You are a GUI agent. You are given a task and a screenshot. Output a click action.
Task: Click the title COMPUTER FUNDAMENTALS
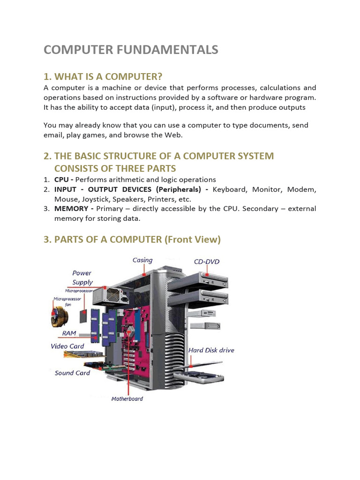[131, 50]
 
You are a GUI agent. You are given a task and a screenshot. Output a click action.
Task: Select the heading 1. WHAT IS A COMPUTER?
[103, 77]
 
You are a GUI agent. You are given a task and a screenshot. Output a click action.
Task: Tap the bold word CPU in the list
[61, 180]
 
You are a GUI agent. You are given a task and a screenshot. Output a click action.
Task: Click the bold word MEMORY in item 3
[71, 209]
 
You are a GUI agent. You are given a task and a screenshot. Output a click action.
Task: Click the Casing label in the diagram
[142, 260]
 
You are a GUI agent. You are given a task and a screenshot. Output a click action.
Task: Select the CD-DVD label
[206, 262]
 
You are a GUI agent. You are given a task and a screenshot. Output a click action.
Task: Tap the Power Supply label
[82, 277]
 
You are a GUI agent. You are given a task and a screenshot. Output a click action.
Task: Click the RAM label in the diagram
[69, 333]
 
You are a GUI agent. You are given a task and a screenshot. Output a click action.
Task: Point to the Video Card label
[67, 346]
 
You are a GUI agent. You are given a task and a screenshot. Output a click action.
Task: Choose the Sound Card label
[72, 373]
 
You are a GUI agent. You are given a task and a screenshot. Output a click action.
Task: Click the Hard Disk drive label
[211, 350]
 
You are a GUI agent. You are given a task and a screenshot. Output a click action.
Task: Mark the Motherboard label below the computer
[127, 399]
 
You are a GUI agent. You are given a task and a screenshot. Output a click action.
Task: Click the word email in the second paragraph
[53, 135]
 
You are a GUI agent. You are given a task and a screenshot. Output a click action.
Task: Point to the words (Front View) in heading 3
[192, 240]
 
